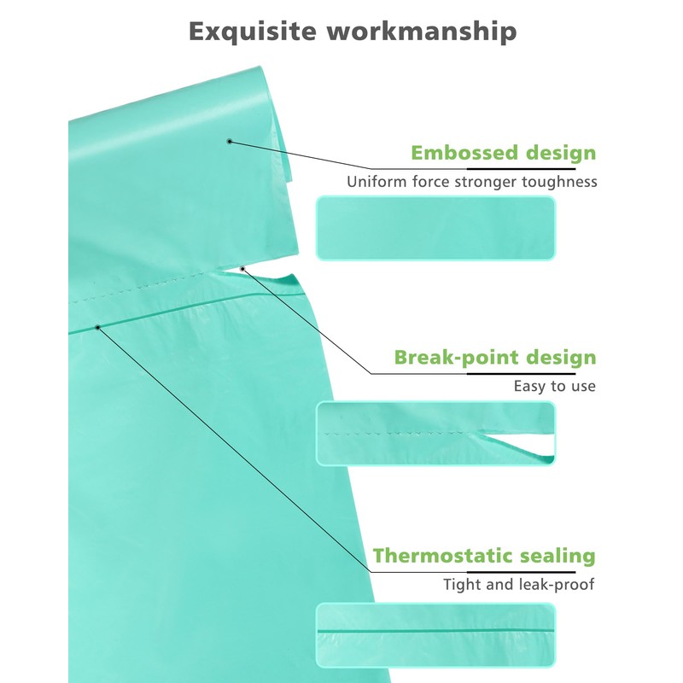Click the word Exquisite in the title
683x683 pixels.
pos(253,31)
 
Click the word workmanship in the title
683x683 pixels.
pos(422,32)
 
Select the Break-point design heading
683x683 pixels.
pos(495,358)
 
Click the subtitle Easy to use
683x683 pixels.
pos(554,386)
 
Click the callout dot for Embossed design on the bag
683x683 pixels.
pos(230,141)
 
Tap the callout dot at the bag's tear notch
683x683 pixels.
pos(242,269)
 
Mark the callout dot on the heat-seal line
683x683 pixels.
pos(98,327)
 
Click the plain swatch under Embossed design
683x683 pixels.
pos(435,228)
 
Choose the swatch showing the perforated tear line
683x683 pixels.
pos(435,434)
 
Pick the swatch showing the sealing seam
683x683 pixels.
pos(435,635)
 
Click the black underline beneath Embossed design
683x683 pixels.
pos(521,168)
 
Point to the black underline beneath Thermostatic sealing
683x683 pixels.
pos(521,572)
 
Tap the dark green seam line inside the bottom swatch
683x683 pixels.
pos(435,630)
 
